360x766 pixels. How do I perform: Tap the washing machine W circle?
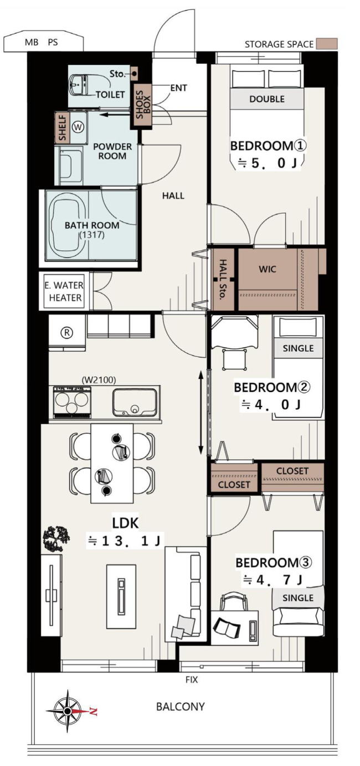tap(78, 127)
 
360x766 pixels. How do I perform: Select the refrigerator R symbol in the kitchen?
tap(67, 332)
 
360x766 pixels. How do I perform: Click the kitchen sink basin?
tap(135, 402)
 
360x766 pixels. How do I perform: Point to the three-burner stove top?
tap(72, 402)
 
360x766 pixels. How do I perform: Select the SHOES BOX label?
tap(143, 105)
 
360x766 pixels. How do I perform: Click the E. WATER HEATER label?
tap(64, 291)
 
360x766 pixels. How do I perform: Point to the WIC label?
tap(268, 269)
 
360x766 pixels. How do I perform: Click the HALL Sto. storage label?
tap(223, 279)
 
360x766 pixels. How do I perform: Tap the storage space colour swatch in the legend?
tap(327, 44)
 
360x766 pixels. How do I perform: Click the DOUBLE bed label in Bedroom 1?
tap(267, 99)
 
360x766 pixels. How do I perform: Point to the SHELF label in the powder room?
tap(62, 128)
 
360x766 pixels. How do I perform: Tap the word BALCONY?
tap(180, 707)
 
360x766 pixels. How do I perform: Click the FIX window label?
tap(192, 680)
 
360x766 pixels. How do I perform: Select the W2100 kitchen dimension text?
tap(99, 379)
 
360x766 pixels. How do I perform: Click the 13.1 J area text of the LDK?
tap(125, 541)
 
